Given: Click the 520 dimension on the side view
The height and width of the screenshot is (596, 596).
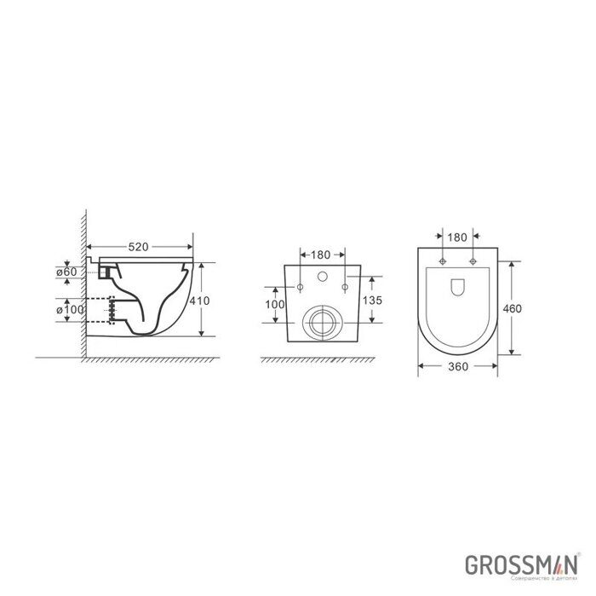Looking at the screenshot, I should (x=140, y=247).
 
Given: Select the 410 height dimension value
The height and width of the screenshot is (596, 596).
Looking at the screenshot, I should (x=201, y=301).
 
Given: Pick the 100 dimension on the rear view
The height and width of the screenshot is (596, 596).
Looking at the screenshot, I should (x=274, y=304).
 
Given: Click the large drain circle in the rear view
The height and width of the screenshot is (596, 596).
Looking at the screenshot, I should (x=323, y=324).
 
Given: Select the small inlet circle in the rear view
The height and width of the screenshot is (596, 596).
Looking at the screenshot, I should (x=323, y=277).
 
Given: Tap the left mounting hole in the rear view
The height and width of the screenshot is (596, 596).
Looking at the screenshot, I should (x=301, y=287).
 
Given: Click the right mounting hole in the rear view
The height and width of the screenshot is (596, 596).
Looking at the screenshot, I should (x=344, y=287).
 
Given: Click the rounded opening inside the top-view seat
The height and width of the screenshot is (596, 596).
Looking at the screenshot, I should (x=457, y=286).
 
